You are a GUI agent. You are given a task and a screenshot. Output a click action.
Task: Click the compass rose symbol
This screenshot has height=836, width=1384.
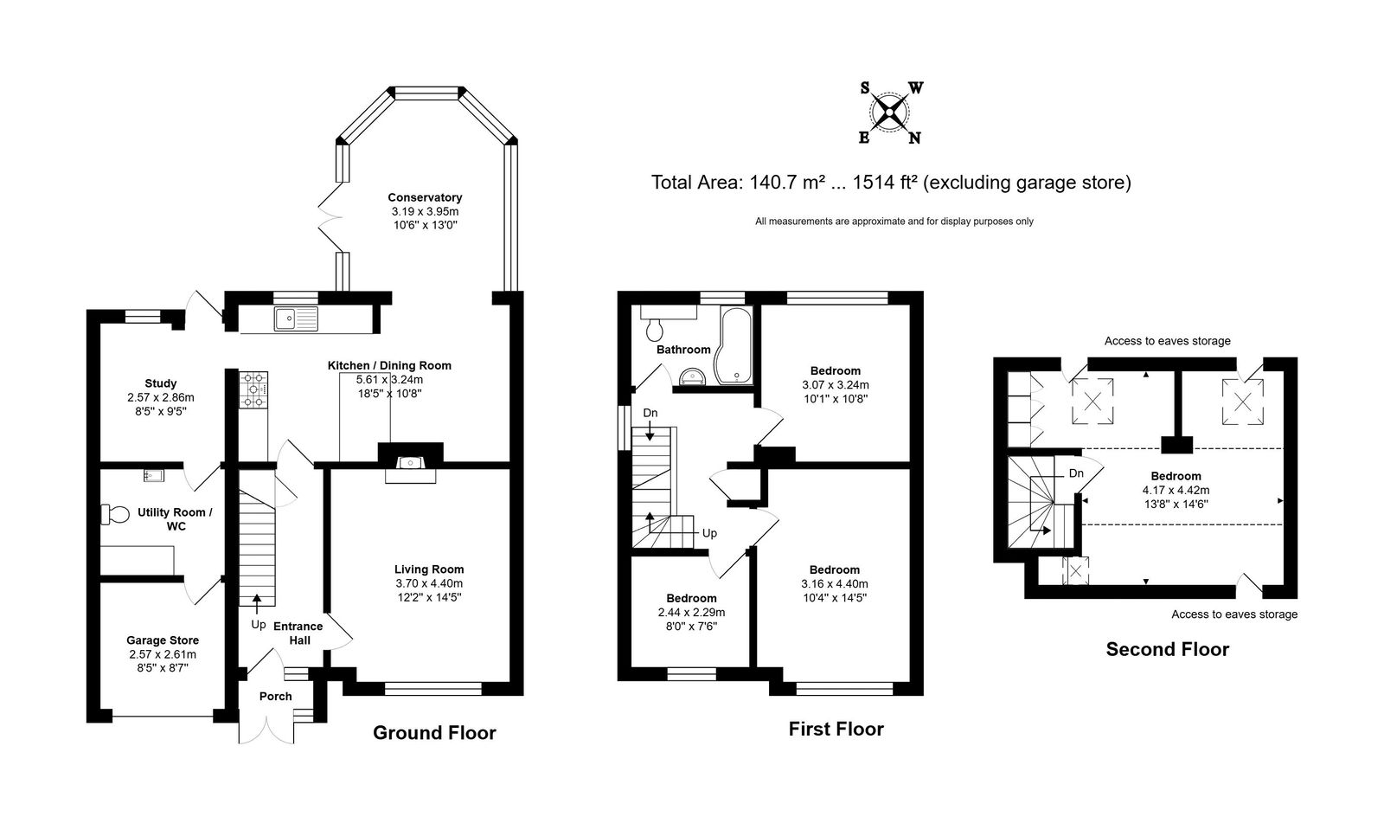click(890, 113)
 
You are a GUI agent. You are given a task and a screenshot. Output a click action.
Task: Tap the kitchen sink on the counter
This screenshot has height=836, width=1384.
click(297, 318)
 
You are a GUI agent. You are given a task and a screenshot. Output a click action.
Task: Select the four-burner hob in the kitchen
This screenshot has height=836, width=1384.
click(253, 389)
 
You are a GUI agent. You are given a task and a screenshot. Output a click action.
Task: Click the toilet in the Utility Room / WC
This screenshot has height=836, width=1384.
click(114, 514)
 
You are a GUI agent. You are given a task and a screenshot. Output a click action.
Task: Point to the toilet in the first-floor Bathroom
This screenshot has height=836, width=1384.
click(654, 330)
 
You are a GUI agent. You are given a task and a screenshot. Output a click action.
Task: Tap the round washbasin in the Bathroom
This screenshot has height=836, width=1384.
click(693, 376)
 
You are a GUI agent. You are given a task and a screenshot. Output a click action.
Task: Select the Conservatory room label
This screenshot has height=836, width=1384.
click(425, 197)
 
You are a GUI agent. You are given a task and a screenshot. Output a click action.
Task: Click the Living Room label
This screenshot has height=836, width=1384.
click(429, 569)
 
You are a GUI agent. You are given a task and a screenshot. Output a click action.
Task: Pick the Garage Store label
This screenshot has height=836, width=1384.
click(163, 640)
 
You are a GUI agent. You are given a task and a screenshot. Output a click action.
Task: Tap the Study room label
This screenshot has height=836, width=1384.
click(161, 383)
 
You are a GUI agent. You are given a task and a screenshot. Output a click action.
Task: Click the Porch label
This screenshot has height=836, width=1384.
click(276, 697)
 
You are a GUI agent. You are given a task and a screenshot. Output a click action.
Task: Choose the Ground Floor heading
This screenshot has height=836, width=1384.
click(434, 733)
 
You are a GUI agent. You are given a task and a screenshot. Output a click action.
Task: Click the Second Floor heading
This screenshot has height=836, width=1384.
click(1167, 649)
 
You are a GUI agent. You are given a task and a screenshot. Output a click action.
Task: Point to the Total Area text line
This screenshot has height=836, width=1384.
click(891, 183)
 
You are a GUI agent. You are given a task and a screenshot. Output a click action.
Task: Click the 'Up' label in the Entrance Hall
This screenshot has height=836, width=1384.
click(259, 625)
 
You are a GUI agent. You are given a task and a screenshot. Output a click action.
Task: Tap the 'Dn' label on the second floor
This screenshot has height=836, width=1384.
click(1076, 473)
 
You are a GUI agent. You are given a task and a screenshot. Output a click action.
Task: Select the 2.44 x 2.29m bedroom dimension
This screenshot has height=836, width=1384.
click(691, 612)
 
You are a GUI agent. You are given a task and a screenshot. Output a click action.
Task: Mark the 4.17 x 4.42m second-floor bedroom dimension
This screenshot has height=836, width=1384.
click(1176, 491)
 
